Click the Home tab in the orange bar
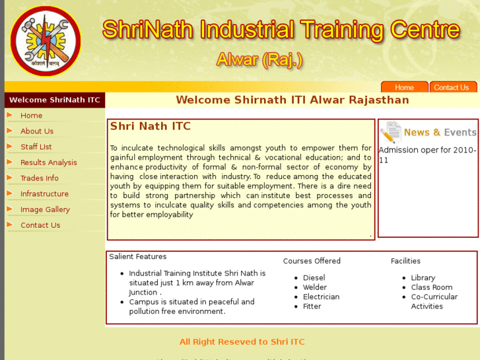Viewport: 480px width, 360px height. pyautogui.click(x=404, y=87)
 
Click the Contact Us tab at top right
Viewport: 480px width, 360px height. pyautogui.click(x=451, y=87)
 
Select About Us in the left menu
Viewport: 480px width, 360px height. pyautogui.click(x=37, y=131)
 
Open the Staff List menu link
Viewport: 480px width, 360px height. pyautogui.click(x=36, y=147)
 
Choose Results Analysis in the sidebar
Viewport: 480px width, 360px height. pyautogui.click(x=48, y=162)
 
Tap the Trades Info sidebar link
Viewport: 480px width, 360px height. pyautogui.click(x=39, y=178)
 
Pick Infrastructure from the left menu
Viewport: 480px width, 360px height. pyautogui.click(x=44, y=194)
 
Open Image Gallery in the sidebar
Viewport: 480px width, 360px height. pyautogui.click(x=45, y=209)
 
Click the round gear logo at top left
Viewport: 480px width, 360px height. pyautogui.click(x=44, y=40)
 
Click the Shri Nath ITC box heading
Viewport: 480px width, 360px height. pyautogui.click(x=151, y=126)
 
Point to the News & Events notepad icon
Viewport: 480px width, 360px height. pyautogui.click(x=391, y=132)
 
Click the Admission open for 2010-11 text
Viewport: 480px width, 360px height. pyautogui.click(x=427, y=155)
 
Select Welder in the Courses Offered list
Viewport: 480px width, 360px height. pyautogui.click(x=314, y=287)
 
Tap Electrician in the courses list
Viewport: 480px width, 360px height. pyautogui.click(x=321, y=297)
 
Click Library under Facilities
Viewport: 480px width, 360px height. pyautogui.click(x=423, y=278)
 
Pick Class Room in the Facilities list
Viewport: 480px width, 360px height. pyautogui.click(x=431, y=287)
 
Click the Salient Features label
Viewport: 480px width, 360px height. pyautogui.click(x=138, y=256)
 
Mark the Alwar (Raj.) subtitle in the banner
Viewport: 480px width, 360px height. pyautogui.click(x=259, y=60)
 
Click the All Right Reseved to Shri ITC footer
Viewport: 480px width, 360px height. pyautogui.click(x=242, y=342)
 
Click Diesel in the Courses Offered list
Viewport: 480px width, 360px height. pyautogui.click(x=314, y=278)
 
